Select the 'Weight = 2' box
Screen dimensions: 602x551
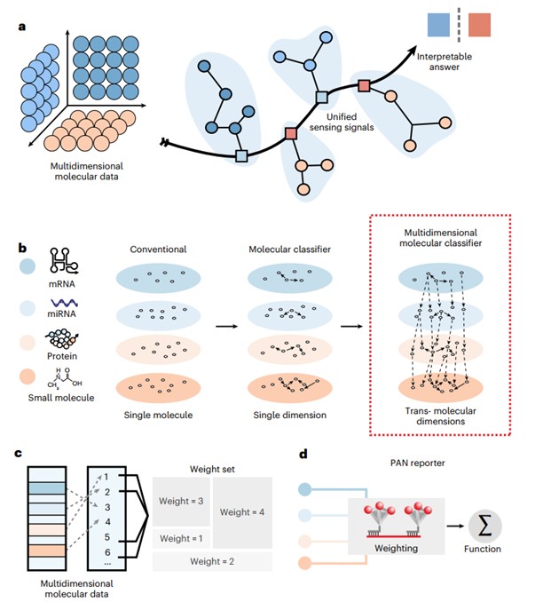[x=210, y=561]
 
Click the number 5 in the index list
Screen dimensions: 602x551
[x=106, y=537]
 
